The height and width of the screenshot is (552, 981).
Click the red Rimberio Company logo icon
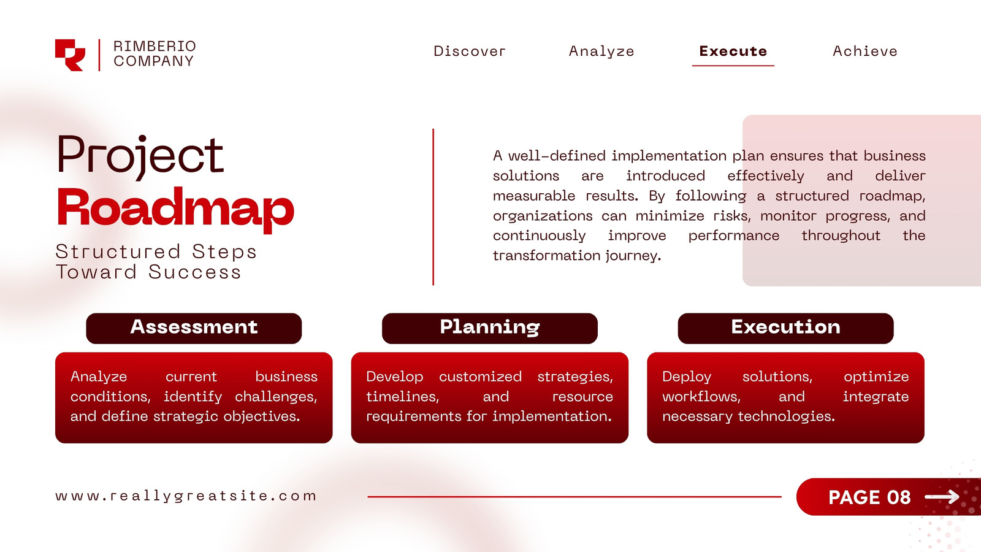70,55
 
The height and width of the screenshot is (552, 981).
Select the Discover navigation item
470,52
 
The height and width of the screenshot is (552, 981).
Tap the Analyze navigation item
601,52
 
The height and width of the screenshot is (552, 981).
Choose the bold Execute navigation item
733,52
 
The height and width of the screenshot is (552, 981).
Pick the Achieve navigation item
865,52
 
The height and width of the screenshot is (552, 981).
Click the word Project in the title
140,157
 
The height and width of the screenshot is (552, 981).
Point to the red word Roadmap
175,209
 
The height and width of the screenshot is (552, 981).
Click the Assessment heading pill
194,328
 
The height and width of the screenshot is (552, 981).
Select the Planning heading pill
490,328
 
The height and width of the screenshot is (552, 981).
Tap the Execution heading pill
785,328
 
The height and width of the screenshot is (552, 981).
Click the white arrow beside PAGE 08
942,497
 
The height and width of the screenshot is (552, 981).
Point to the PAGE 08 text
869,497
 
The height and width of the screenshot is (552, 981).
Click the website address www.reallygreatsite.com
186,496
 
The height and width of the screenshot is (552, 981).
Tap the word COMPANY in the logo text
154,61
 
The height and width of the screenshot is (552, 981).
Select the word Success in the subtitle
194,272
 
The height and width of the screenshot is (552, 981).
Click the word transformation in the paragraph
547,255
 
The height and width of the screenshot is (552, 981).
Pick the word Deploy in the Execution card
687,377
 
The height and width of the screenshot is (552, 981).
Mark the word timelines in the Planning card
402,397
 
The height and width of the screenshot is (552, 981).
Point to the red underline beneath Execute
733,66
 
